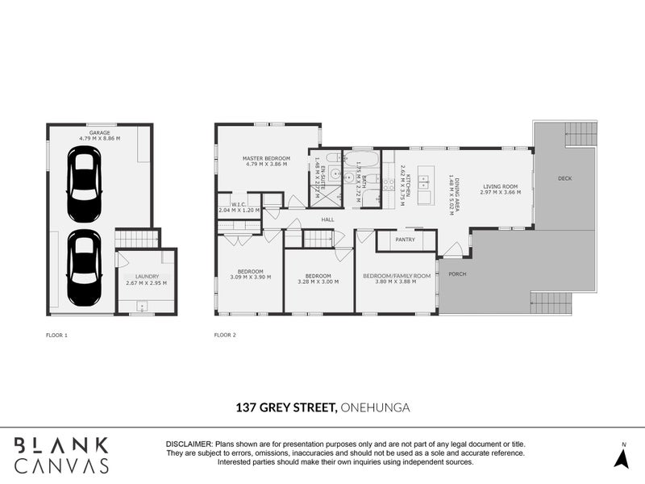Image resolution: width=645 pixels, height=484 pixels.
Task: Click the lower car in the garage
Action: [x=84, y=267]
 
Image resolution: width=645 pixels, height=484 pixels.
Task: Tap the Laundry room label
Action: [x=146, y=276]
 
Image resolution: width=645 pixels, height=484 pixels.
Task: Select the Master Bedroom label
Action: [x=266, y=158]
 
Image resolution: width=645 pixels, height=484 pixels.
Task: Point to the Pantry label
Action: [x=406, y=240]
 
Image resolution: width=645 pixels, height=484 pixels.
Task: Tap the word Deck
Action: [x=564, y=178]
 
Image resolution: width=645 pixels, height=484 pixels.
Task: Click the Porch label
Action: [x=458, y=273]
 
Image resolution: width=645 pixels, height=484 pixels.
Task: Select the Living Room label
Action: [x=500, y=187]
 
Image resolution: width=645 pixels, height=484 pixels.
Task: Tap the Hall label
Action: [x=327, y=219]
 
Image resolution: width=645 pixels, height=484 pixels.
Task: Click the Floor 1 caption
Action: [x=56, y=334]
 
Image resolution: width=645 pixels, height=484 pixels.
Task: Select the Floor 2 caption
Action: [x=225, y=334]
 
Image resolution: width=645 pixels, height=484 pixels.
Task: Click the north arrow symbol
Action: [x=622, y=457]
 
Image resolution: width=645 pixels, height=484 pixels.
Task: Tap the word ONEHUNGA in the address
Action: [x=375, y=408]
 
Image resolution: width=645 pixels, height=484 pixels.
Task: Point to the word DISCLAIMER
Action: [x=189, y=444]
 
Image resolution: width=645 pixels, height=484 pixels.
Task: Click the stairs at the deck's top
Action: [x=580, y=134]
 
